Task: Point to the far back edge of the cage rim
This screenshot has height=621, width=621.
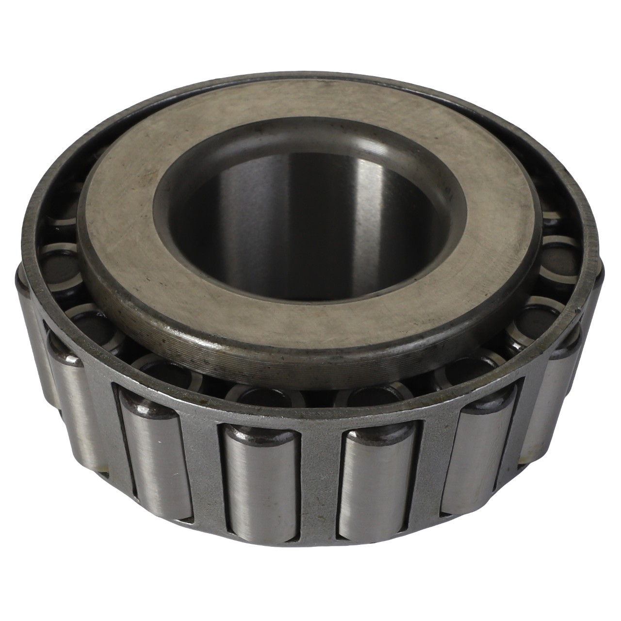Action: [x=310, y=80]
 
